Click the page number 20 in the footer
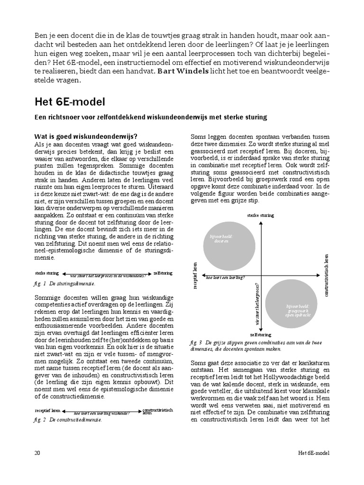(x=37, y=453)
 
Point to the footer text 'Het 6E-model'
(x=310, y=453)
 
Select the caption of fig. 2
(x=68, y=420)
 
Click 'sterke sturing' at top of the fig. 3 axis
(x=260, y=216)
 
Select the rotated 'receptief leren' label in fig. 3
(x=195, y=275)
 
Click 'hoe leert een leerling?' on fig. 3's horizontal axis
(x=225, y=278)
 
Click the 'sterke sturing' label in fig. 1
(x=46, y=273)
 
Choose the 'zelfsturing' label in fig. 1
(x=163, y=273)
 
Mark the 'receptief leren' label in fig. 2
(x=47, y=410)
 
